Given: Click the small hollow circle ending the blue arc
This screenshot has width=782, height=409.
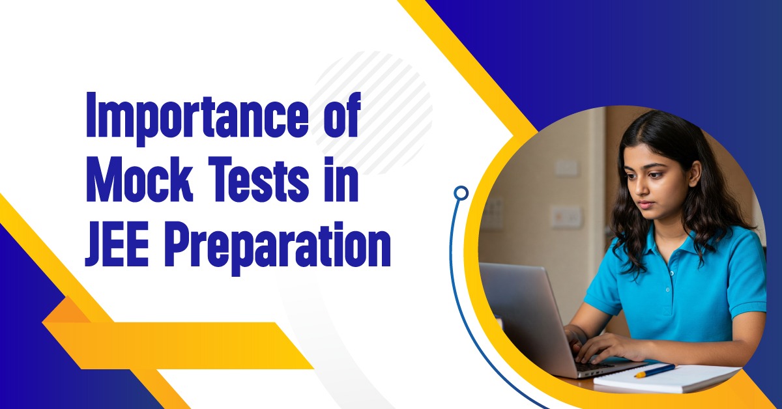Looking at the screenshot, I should click(461, 193).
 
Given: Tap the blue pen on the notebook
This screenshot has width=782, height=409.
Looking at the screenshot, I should click(654, 370).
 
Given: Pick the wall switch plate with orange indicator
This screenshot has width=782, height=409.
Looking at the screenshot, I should click(565, 216).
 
